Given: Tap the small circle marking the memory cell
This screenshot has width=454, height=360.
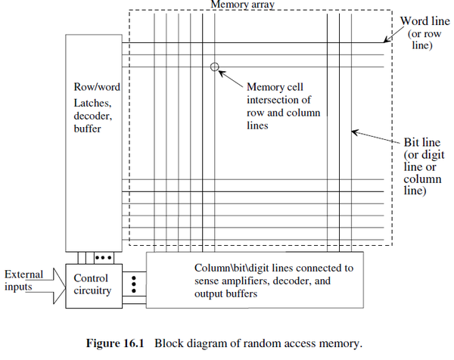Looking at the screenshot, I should tap(215, 67).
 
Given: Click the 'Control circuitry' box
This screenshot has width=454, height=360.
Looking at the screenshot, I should tap(91, 284).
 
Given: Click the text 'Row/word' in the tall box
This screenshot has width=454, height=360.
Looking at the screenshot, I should tap(97, 88).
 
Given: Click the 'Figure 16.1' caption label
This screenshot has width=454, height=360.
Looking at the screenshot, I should tap(120, 341).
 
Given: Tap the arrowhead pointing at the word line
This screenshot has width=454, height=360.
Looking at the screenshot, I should tap(386, 42).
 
